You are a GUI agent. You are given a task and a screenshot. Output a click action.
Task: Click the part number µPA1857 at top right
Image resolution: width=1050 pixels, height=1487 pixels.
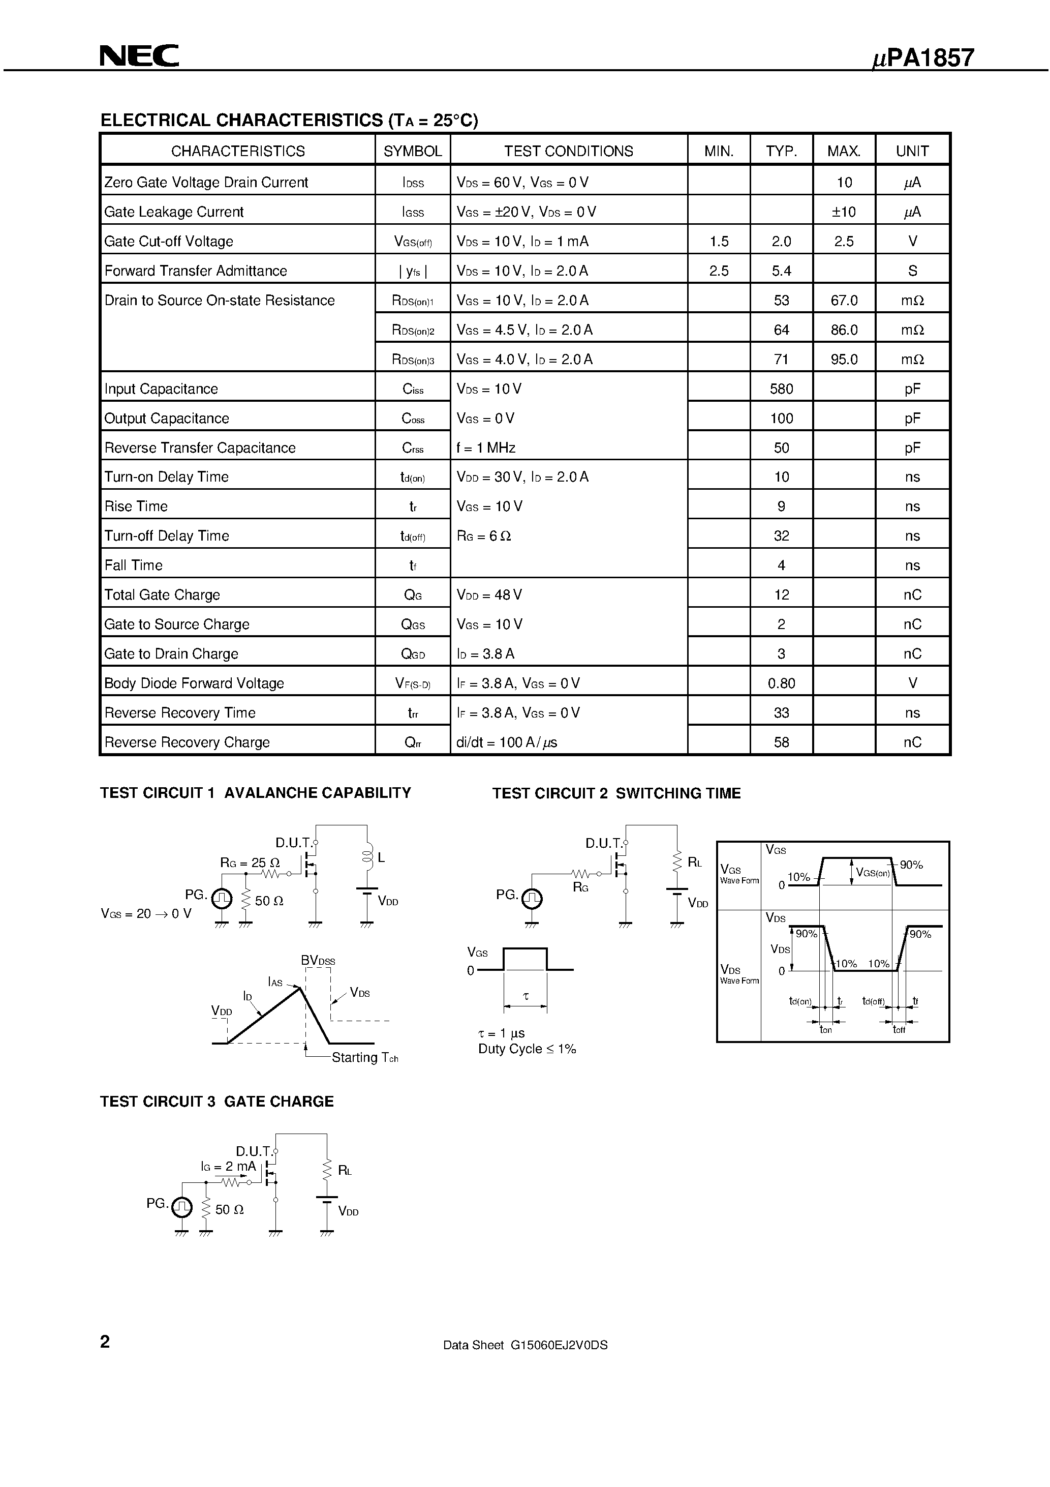pos(923,58)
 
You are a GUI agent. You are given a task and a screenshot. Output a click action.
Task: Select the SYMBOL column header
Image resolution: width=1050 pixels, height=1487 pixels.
pos(412,151)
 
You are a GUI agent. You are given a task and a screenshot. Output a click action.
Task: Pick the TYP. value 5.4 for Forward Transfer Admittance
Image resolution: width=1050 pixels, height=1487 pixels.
pos(781,271)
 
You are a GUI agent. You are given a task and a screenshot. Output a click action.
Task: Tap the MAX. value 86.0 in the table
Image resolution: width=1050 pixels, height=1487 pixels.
pos(844,330)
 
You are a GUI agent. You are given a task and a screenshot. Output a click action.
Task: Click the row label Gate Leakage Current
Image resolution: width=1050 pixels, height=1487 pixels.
pos(173,212)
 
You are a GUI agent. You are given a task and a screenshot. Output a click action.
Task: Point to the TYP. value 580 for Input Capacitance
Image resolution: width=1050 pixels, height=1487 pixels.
pos(781,389)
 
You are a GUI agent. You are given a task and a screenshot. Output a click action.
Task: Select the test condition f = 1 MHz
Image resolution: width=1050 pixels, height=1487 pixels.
pos(485,448)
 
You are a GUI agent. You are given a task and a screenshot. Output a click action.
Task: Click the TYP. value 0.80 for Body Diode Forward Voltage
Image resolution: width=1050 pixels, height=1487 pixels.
pos(781,683)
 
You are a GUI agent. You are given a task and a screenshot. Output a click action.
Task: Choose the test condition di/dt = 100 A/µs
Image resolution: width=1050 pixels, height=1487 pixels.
pos(506,742)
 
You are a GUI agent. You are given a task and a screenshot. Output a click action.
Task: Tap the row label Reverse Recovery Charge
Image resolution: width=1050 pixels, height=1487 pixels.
pos(187,742)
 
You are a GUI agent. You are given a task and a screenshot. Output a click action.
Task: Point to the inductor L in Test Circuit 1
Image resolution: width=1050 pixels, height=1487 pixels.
pos(367,857)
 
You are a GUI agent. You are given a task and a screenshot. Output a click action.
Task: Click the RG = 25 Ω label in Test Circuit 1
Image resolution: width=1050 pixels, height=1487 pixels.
pos(250,863)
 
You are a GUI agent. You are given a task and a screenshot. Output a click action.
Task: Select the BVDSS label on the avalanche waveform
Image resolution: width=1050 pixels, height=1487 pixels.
pos(318,961)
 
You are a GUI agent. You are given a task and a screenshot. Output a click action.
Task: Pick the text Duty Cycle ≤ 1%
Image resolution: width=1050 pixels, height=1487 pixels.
pos(527,1049)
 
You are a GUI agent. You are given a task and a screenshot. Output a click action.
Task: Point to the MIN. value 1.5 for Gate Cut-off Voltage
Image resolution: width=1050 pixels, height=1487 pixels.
pos(719,241)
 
